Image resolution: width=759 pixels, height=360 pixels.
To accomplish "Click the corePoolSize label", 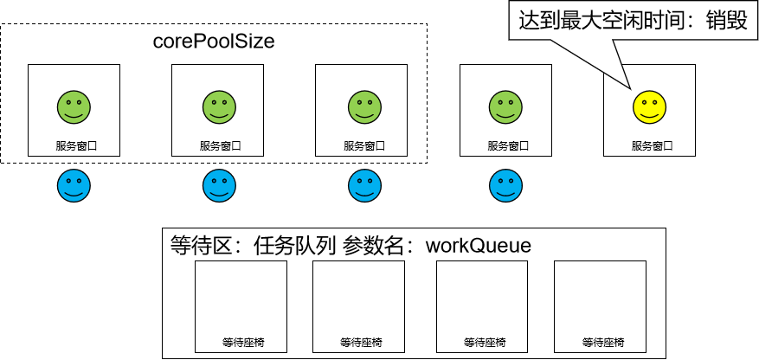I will [214, 42].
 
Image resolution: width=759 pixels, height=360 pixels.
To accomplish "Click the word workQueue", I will [478, 246].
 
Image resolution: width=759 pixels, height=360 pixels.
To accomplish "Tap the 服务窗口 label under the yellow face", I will [649, 146].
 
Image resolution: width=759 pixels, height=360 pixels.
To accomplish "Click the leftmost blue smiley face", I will [74, 185].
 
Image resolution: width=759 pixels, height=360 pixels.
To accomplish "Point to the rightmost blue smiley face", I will [505, 185].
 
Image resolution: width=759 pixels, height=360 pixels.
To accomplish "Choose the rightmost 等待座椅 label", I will [603, 343].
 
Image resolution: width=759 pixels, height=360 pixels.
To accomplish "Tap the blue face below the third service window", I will [362, 185].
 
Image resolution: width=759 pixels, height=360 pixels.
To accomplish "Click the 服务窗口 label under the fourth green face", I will [505, 146].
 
